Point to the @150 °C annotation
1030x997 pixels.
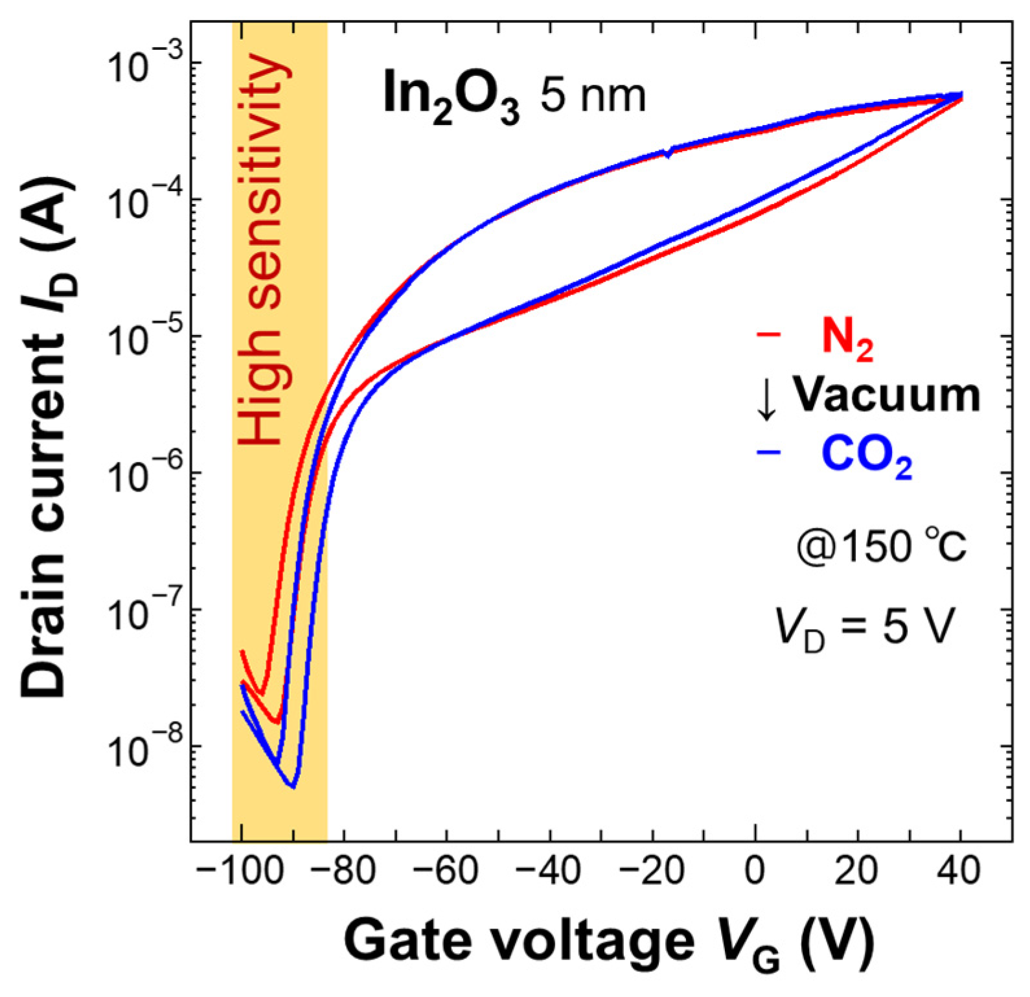tap(880, 546)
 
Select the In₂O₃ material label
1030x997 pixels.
tap(450, 97)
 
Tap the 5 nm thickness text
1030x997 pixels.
tap(593, 97)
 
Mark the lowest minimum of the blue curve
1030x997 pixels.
tap(293, 786)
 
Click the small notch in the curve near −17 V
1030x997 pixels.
tap(668, 154)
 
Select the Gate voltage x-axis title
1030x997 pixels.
tap(609, 943)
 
